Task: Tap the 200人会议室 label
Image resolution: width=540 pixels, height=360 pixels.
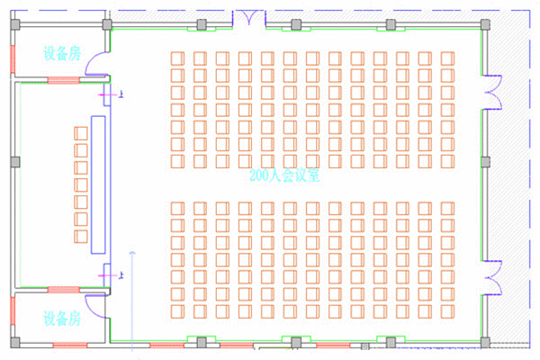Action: click(287, 176)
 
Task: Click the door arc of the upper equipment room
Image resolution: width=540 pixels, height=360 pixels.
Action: click(102, 67)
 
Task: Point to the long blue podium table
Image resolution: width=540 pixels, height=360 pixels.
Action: click(96, 183)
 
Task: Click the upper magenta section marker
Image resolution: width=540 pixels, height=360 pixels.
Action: click(109, 94)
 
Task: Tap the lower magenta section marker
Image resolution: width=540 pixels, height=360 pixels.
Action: click(110, 273)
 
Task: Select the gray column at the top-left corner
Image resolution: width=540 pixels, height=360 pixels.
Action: click(15, 24)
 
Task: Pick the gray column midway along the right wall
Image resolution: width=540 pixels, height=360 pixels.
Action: click(485, 162)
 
